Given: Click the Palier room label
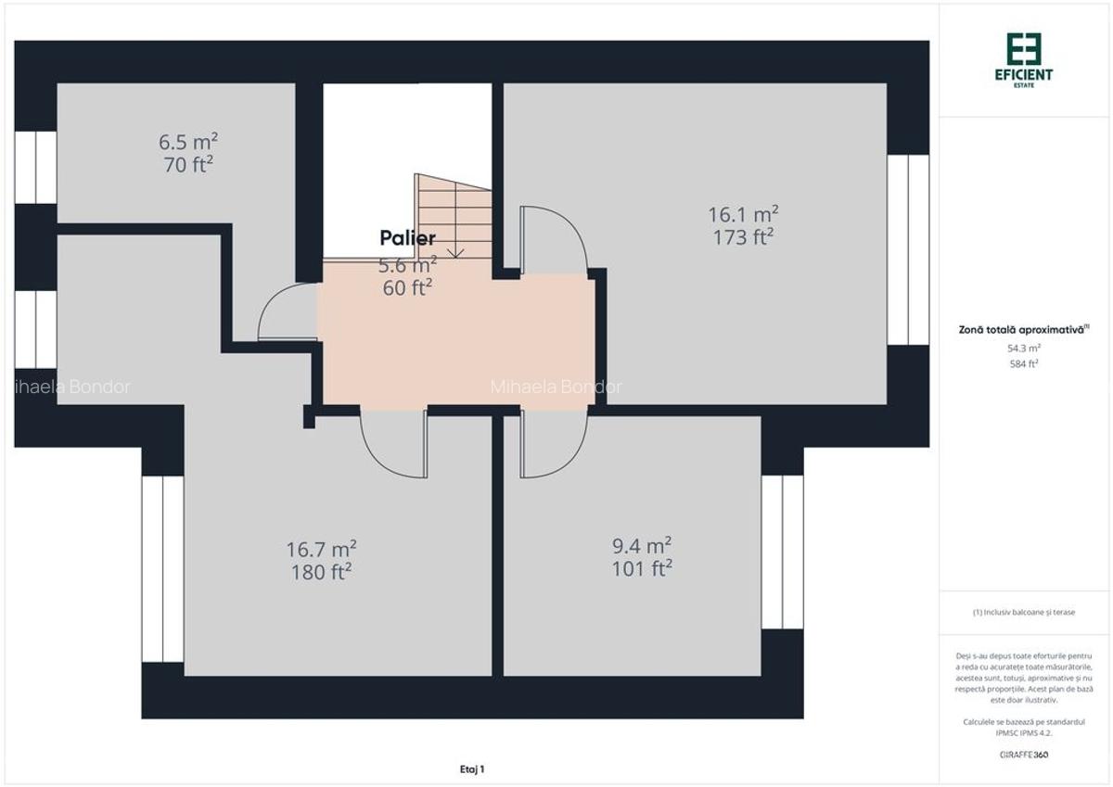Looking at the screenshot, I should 407,238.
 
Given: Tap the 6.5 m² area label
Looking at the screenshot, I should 187,142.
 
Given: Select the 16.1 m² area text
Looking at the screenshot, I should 743,214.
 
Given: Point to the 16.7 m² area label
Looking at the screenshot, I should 322,549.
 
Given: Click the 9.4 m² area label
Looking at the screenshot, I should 642,545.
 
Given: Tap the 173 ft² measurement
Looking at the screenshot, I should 743,237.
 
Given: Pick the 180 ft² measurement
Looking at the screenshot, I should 322,572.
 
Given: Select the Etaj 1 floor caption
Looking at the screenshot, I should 472,768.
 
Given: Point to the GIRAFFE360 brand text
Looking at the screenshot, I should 1024,755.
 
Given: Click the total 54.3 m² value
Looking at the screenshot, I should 1024,349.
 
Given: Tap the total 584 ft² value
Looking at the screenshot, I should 1024,364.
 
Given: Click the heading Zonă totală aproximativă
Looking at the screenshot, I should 1024,329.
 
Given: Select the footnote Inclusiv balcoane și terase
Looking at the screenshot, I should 1024,612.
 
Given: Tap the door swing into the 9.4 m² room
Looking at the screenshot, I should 554,444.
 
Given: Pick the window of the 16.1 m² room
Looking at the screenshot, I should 908,249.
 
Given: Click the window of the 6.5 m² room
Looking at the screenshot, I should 35,167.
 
